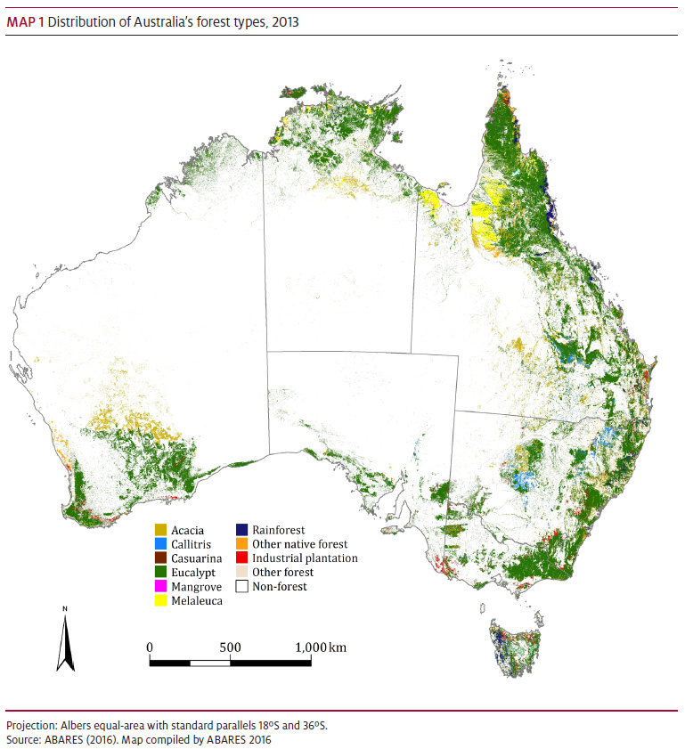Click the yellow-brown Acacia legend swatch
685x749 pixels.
click(161, 530)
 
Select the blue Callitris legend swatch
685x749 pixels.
click(161, 544)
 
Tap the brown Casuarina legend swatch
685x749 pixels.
click(161, 558)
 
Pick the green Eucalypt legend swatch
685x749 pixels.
click(161, 573)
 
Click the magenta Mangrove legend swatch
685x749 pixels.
click(161, 587)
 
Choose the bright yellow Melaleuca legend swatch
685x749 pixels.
click(161, 601)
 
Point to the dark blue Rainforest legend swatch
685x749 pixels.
click(241, 530)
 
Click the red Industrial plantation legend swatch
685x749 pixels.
click(241, 558)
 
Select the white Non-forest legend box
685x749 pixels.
click(241, 587)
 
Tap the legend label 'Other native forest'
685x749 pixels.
click(299, 544)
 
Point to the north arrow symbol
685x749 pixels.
click(65, 639)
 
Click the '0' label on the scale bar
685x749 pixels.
click(150, 647)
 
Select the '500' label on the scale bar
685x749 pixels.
click(230, 647)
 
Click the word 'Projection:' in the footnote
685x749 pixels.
click(32, 726)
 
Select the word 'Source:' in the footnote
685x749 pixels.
click(24, 739)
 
